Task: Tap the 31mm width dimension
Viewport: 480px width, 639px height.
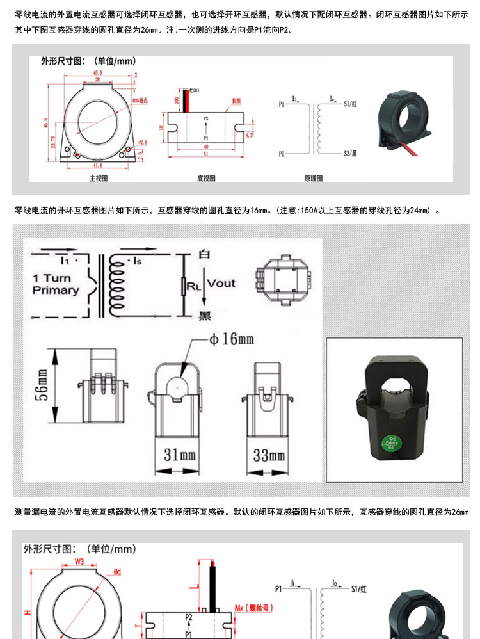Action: [179, 455]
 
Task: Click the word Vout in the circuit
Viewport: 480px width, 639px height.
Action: [221, 283]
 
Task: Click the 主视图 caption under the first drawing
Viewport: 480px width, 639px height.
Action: [99, 179]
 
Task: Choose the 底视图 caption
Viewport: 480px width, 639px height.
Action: [206, 179]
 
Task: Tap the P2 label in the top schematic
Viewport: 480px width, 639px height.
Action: [283, 154]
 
